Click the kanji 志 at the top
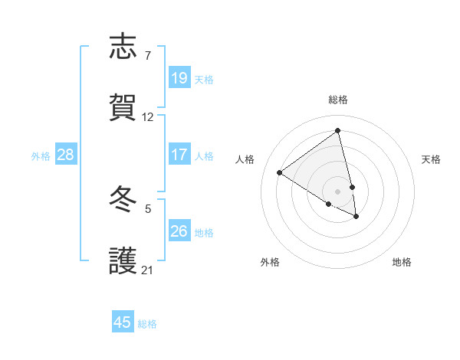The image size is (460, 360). pos(123,47)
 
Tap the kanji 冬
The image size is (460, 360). pos(123,200)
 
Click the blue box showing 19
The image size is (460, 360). pos(179,78)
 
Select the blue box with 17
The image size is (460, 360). pos(179,155)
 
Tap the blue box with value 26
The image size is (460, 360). pos(179,231)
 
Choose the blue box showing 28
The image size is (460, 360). pos(66,155)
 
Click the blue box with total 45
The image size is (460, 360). pos(123,322)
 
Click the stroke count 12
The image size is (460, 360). pos(148,117)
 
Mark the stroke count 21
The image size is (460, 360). pos(148,270)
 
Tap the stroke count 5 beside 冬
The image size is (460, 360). pos(148,208)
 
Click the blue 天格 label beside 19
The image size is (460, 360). pos(204,79)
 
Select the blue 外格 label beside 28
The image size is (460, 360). pos(41,156)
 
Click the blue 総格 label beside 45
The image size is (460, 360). pos(147,323)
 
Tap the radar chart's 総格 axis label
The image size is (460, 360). pos(338,100)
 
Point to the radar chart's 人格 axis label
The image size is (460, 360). pos(245,159)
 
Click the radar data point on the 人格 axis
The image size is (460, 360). pos(280,172)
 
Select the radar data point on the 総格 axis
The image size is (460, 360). pos(338,131)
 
